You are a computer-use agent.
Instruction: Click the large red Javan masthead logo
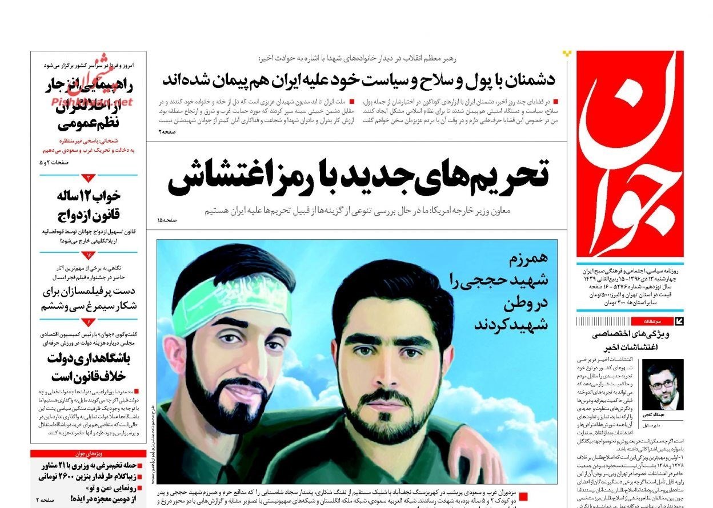tap(630, 154)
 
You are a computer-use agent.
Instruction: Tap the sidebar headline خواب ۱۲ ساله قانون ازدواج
tap(89, 205)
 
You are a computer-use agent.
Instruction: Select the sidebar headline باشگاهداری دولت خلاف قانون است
tap(89, 368)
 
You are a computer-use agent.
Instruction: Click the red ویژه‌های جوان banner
tap(89, 454)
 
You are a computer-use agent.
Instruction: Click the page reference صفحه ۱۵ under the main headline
tap(167, 220)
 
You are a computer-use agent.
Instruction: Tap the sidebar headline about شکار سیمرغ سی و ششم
tap(89, 298)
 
